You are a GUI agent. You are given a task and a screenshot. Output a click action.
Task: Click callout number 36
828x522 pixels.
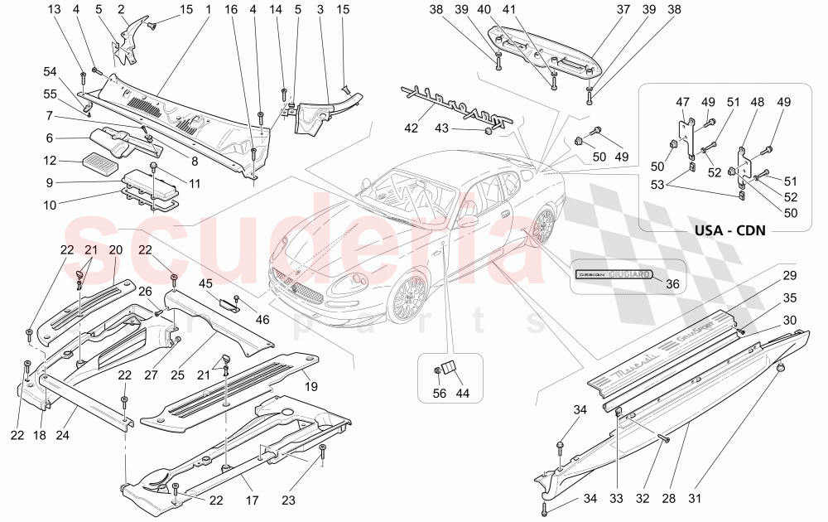tap(672, 283)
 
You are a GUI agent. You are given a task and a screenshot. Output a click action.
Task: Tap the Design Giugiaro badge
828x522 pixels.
tap(614, 273)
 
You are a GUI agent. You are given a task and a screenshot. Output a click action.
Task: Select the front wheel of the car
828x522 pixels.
tap(407, 296)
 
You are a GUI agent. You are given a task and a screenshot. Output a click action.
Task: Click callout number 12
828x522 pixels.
tap(51, 160)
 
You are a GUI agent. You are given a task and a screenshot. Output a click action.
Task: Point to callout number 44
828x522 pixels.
tap(462, 394)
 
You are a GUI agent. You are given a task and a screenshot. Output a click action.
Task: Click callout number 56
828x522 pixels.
tap(439, 394)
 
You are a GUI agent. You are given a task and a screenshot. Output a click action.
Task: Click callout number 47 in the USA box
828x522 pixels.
tap(682, 101)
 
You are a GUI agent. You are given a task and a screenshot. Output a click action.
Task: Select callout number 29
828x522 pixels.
tap(789, 274)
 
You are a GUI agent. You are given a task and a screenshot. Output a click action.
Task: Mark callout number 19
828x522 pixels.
tap(312, 385)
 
